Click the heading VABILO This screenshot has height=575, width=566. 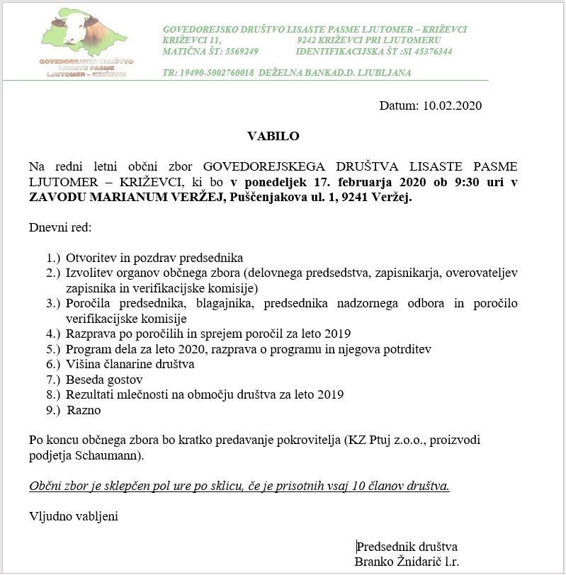pyautogui.click(x=273, y=136)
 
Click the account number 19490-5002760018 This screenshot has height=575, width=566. pyautogui.click(x=218, y=72)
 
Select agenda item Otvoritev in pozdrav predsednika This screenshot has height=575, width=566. pyautogui.click(x=154, y=258)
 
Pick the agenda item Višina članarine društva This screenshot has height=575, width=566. pyautogui.click(x=130, y=364)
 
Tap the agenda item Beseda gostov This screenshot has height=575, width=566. pyautogui.click(x=105, y=380)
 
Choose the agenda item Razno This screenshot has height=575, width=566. pyautogui.click(x=84, y=410)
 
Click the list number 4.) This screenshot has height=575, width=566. pyautogui.click(x=53, y=334)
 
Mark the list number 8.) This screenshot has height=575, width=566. pyautogui.click(x=53, y=394)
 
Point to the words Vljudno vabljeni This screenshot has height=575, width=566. pyautogui.click(x=73, y=516)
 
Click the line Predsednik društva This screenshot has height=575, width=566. pyautogui.click(x=407, y=547)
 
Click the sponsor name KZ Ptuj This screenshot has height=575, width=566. pyautogui.click(x=368, y=440)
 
